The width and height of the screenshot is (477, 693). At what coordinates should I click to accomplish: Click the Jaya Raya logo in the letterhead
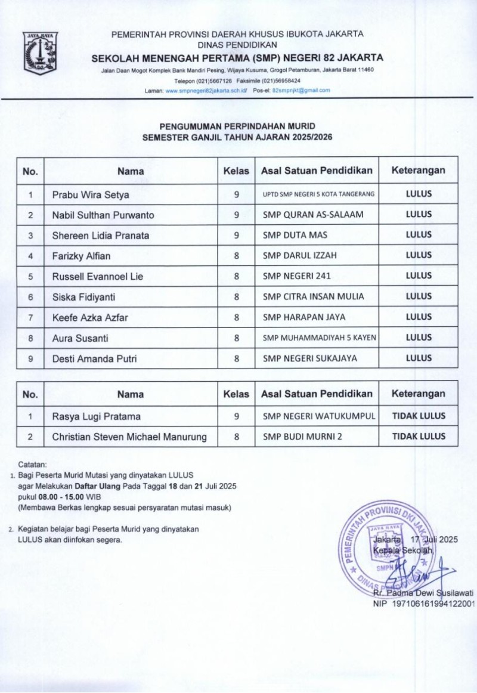pyautogui.click(x=41, y=54)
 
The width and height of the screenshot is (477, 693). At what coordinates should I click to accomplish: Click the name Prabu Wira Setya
pyautogui.click(x=90, y=194)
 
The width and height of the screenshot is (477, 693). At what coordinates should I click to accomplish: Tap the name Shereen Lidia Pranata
pyautogui.click(x=100, y=235)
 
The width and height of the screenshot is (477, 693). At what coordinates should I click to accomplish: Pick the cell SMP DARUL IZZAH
pyautogui.click(x=300, y=256)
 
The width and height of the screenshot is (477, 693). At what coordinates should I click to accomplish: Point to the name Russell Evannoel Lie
pyautogui.click(x=98, y=276)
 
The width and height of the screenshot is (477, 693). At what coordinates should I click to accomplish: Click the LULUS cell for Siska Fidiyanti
pyautogui.click(x=419, y=296)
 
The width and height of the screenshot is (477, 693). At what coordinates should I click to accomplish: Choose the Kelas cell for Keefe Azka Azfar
pyautogui.click(x=236, y=317)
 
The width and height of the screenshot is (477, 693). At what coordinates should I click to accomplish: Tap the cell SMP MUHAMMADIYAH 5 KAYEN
pyautogui.click(x=320, y=338)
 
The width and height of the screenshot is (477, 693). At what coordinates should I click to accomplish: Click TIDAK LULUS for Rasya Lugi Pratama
pyautogui.click(x=419, y=416)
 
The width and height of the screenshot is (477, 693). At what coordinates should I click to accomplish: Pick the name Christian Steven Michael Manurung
pyautogui.click(x=129, y=437)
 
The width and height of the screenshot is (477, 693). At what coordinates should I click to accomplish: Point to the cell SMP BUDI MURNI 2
pyautogui.click(x=302, y=437)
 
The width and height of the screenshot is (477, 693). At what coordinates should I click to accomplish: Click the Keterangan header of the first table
pyautogui.click(x=419, y=171)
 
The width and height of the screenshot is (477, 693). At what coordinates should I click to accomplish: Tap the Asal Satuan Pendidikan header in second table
pyautogui.click(x=317, y=394)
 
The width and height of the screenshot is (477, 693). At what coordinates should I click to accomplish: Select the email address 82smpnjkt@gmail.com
pyautogui.click(x=301, y=90)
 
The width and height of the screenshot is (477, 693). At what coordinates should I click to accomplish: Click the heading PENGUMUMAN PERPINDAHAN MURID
pyautogui.click(x=237, y=126)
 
